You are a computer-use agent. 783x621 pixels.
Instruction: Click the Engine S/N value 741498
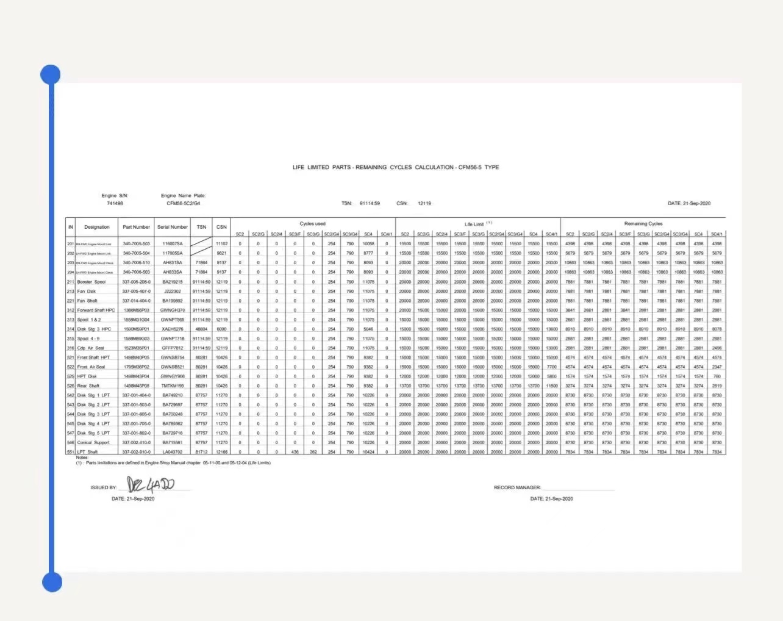(x=115, y=203)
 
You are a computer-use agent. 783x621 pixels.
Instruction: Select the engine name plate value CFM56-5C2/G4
(x=183, y=203)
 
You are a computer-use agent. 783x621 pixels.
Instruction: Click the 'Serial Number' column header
(x=173, y=227)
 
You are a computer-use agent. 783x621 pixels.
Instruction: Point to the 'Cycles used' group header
(x=312, y=224)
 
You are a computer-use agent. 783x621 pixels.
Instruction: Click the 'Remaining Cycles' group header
(x=643, y=224)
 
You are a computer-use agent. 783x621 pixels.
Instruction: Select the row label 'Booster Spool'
(x=91, y=282)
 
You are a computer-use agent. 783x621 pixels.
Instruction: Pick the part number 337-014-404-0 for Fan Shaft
(x=136, y=301)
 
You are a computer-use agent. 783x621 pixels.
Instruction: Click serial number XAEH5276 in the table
(x=173, y=329)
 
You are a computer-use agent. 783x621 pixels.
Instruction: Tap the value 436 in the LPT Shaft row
(x=295, y=452)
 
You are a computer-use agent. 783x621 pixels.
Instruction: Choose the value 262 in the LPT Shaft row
(x=313, y=452)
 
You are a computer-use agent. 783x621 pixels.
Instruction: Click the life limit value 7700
(x=551, y=367)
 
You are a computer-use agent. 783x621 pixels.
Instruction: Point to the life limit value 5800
(x=551, y=376)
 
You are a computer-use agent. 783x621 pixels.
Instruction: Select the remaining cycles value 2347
(x=717, y=367)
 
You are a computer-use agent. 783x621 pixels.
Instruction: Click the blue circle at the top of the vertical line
(x=51, y=75)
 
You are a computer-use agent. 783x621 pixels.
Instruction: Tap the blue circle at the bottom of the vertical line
(x=52, y=582)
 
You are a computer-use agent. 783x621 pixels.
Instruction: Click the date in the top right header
(x=689, y=203)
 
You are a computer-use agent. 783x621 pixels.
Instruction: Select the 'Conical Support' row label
(x=93, y=442)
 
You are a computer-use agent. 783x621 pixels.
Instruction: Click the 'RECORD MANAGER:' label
(x=517, y=487)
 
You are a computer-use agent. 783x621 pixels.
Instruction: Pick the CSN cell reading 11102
(x=221, y=243)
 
